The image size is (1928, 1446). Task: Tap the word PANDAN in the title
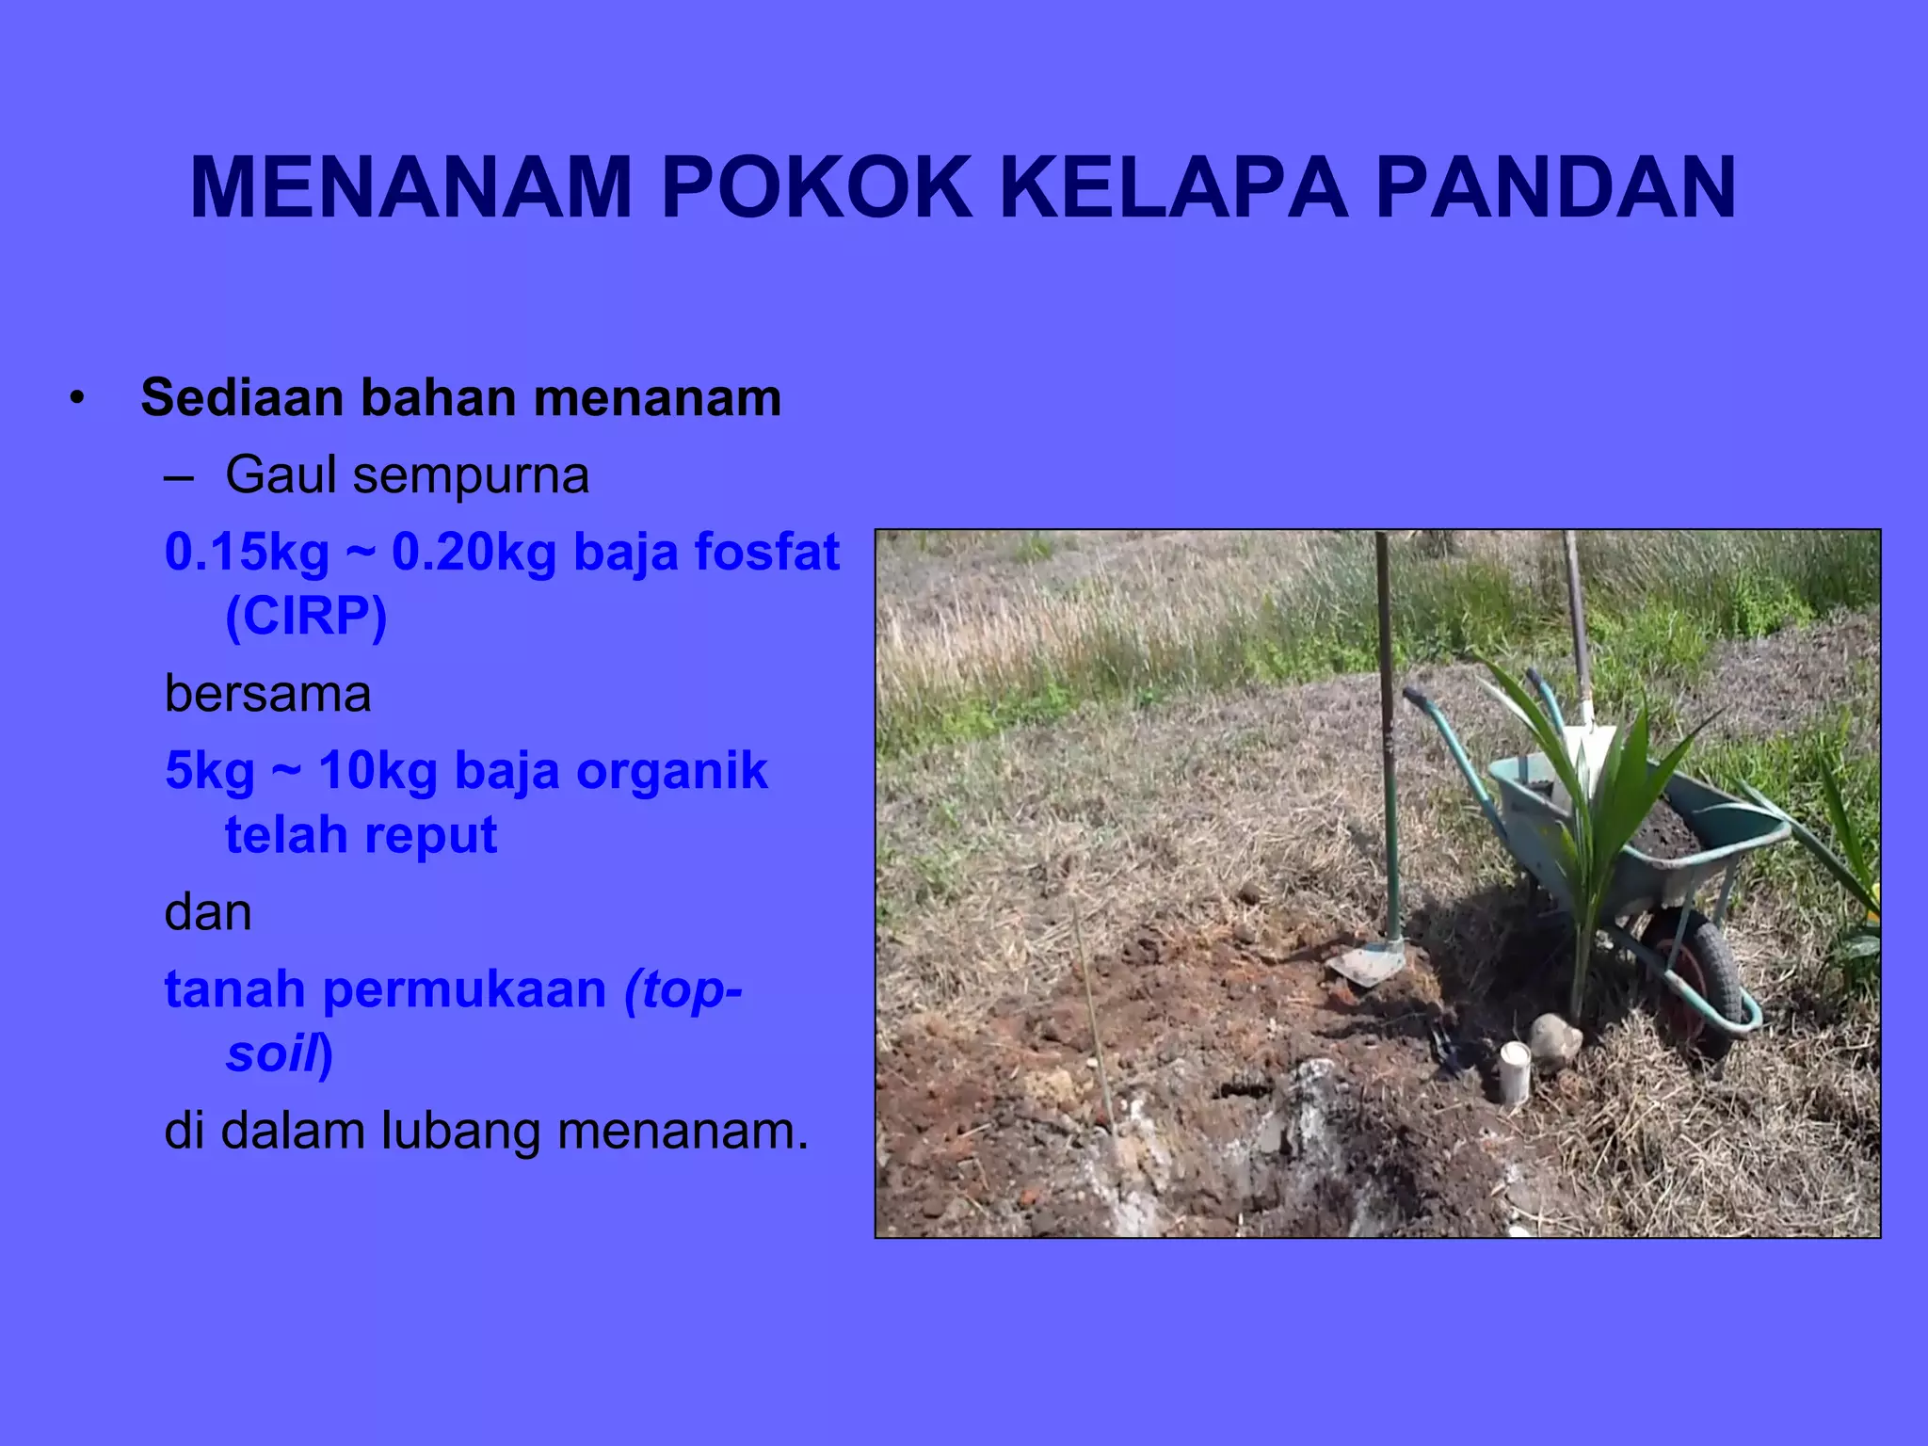pos(1555,187)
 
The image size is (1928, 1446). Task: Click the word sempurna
pos(471,476)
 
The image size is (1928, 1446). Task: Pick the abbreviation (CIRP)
pos(306,617)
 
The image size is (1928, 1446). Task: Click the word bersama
pos(267,694)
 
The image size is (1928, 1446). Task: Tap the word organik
pos(671,771)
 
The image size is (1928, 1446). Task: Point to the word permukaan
pos(466,990)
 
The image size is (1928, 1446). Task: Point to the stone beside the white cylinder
pos(1554,1039)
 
